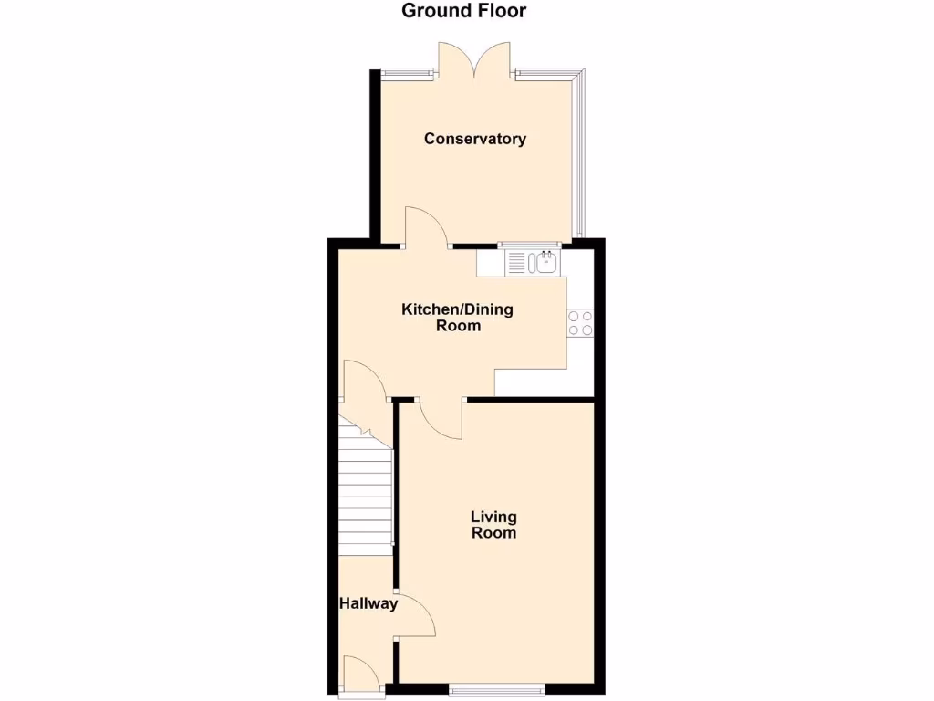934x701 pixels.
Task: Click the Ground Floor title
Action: click(x=464, y=12)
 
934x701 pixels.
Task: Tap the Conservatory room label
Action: click(x=474, y=139)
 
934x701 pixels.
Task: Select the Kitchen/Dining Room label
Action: click(x=457, y=318)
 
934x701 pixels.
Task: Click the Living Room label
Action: click(x=493, y=525)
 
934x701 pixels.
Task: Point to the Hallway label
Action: click(x=368, y=603)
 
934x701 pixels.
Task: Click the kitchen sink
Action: click(x=546, y=264)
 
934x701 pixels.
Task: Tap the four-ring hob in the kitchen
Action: click(x=580, y=322)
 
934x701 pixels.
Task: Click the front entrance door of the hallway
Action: click(x=362, y=675)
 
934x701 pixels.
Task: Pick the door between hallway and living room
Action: click(x=415, y=616)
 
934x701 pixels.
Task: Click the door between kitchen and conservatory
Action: click(x=425, y=226)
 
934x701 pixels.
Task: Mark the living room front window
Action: click(x=496, y=688)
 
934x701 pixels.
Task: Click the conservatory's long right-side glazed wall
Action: click(x=580, y=155)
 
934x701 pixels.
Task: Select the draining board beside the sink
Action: click(x=517, y=264)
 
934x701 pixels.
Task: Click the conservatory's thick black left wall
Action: click(x=374, y=155)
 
